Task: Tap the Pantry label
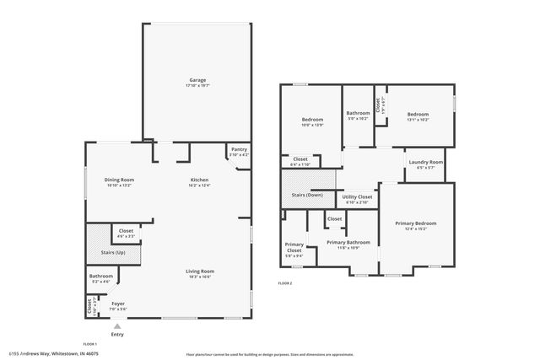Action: coord(239,149)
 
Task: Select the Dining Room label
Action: coord(119,180)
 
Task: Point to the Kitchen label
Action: coord(199,180)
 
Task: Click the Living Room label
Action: coord(200,271)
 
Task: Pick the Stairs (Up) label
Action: coord(113,252)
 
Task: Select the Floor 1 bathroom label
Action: coord(101,276)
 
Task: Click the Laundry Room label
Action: coord(425,162)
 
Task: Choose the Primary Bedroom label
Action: coord(415,223)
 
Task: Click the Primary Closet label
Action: coord(294,247)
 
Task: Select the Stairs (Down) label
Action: coord(307,194)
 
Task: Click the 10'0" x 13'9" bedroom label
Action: coord(312,120)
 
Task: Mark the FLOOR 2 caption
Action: coord(285,283)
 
